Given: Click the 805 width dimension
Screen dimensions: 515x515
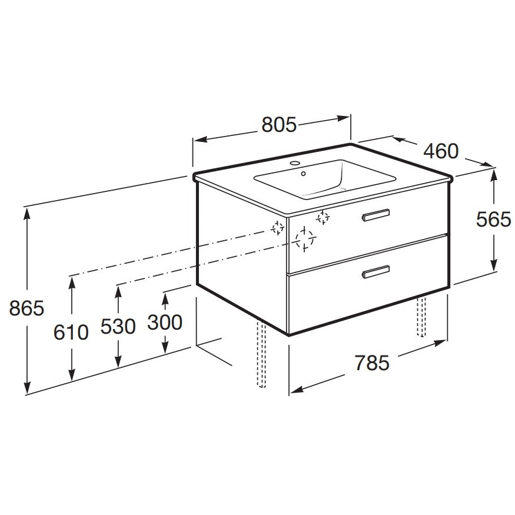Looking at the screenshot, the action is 279,124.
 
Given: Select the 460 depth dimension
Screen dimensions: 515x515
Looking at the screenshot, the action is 441,151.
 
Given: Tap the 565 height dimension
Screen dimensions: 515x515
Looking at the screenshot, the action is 493,219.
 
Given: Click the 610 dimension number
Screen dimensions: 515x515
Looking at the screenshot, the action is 71,332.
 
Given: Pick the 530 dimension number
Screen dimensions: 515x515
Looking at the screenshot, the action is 118,327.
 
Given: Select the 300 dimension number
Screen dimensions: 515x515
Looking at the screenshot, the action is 165,322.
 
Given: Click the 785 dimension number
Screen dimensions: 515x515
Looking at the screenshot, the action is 372,363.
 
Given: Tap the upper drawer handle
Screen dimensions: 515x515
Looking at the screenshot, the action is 376,215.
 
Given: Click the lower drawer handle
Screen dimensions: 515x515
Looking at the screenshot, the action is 376,271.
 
